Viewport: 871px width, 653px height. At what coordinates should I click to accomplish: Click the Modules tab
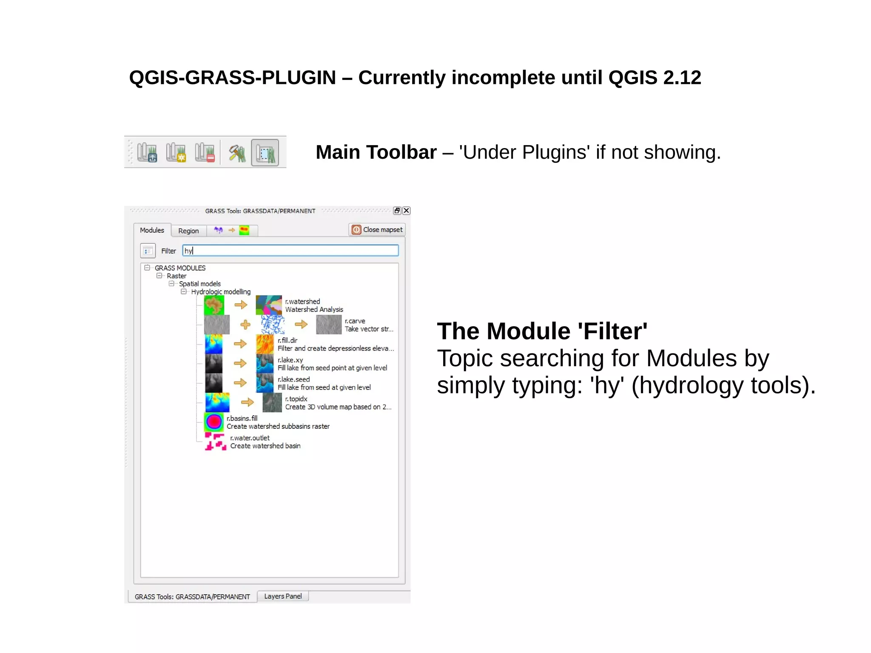pyautogui.click(x=152, y=230)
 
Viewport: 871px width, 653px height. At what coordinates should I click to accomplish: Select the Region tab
pyautogui.click(x=188, y=231)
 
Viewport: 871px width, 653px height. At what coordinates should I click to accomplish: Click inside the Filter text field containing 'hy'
pyautogui.click(x=290, y=251)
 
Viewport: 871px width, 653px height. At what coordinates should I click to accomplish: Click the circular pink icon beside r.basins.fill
pyautogui.click(x=214, y=422)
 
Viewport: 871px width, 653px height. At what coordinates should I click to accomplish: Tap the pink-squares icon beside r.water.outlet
pyautogui.click(x=215, y=442)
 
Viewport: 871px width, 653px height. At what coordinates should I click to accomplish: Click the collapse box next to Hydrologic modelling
pyautogui.click(x=184, y=292)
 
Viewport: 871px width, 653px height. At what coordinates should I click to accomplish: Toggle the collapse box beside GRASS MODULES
pyautogui.click(x=147, y=268)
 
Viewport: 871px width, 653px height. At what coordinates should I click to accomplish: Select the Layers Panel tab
pyautogui.click(x=283, y=596)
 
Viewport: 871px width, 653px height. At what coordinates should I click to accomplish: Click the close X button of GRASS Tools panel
pyautogui.click(x=407, y=211)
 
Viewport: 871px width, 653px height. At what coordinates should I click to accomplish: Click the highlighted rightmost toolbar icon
pyautogui.click(x=265, y=153)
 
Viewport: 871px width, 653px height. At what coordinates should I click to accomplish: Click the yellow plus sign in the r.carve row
pyautogui.click(x=245, y=325)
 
